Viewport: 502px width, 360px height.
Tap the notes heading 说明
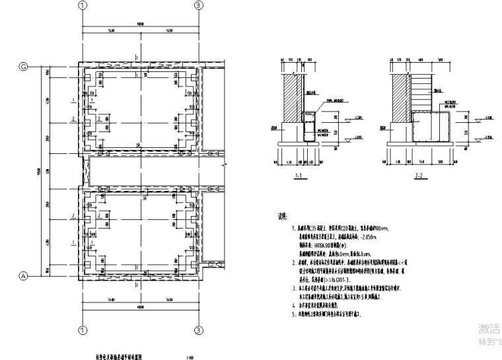pyautogui.click(x=284, y=216)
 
